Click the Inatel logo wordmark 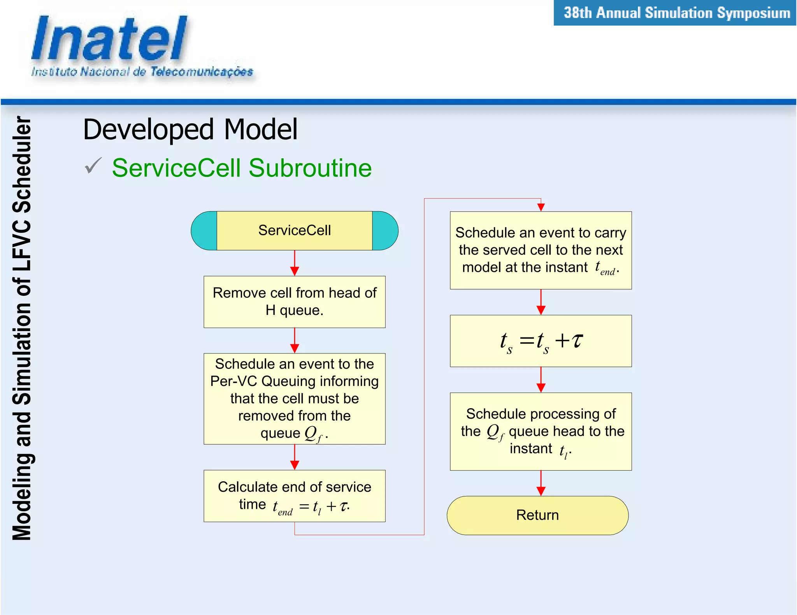[109, 39]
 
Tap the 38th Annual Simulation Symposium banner [676, 13]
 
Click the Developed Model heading [190, 129]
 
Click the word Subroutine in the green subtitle [310, 168]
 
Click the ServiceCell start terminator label [295, 230]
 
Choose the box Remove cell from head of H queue [295, 302]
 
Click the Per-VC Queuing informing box [295, 398]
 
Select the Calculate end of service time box [295, 496]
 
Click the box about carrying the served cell [541, 250]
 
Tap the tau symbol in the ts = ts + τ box [577, 340]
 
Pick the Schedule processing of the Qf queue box [541, 431]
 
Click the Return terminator [537, 515]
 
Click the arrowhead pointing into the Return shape [541, 491]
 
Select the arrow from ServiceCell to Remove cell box [295, 262]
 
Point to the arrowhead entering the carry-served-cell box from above [541, 207]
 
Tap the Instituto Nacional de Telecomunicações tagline [142, 72]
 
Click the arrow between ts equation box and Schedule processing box [541, 379]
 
